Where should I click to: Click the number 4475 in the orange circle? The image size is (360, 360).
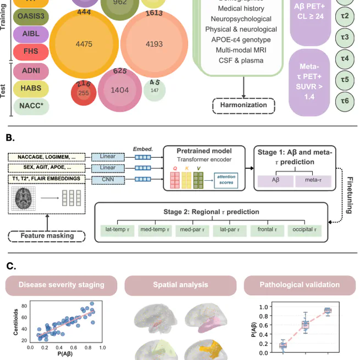tap(84, 44)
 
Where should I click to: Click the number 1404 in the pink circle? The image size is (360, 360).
tap(120, 90)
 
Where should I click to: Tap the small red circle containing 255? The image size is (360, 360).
tap(84, 92)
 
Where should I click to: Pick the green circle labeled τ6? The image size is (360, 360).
tap(345, 101)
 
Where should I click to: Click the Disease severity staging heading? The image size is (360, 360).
tap(61, 285)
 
